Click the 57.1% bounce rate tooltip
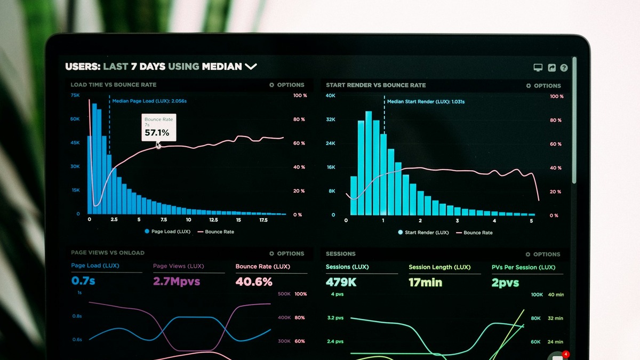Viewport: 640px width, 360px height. pos(158,128)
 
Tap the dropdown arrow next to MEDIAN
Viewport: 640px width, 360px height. pos(251,67)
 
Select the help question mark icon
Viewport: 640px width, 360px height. pos(564,68)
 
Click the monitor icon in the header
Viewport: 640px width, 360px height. pos(538,68)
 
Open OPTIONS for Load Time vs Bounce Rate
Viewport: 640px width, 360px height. pos(287,85)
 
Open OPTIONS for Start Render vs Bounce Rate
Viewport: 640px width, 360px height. pos(543,85)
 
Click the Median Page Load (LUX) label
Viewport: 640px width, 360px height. pos(149,100)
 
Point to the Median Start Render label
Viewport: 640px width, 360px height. pos(426,101)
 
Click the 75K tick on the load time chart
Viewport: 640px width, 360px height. pos(75,95)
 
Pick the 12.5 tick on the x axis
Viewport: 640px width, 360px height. pos(213,220)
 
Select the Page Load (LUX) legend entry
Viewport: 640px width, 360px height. pos(167,231)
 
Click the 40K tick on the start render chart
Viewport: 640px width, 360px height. pos(331,95)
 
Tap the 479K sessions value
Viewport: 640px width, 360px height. pos(341,282)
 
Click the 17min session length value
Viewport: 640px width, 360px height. pos(426,282)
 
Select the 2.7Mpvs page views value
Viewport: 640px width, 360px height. pos(177,281)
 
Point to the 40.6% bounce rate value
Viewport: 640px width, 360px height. pos(254,281)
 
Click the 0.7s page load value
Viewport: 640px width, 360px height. pos(83,280)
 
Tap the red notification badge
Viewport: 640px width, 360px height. pos(566,354)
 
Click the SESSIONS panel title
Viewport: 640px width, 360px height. pos(340,254)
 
